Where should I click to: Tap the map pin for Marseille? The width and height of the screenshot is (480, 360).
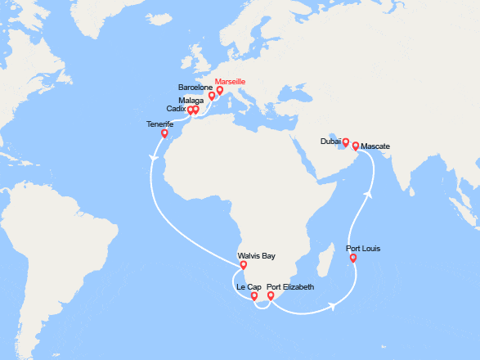coord(220,91)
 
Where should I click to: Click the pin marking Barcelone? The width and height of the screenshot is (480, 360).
coord(212,96)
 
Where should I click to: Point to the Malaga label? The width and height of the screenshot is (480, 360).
coord(191,100)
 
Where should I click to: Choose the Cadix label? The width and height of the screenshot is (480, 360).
coord(175,109)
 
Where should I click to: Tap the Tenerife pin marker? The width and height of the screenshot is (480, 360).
coord(164,133)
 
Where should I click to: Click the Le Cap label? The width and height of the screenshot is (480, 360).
coord(249,287)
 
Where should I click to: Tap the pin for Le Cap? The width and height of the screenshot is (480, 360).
coord(254,297)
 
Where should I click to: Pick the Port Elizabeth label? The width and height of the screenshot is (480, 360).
coord(290,287)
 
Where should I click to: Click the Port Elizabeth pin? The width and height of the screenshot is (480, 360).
coord(271,296)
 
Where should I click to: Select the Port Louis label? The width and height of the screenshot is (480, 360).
coord(363,248)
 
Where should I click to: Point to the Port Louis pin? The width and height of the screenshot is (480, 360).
coord(352,259)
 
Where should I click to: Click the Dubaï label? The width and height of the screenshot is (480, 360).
coord(330,142)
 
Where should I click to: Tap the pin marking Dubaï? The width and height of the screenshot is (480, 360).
coord(345,142)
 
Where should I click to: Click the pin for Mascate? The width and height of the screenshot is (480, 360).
coord(356,146)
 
